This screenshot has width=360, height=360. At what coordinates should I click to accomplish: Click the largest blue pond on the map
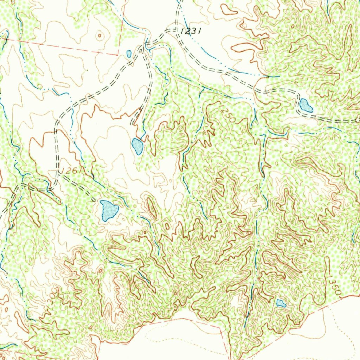coord(109,210)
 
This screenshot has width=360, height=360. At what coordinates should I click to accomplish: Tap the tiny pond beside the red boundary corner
coord(129,54)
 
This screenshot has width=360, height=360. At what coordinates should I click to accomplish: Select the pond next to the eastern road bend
coord(306,105)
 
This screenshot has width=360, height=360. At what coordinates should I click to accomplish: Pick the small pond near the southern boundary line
coord(281,303)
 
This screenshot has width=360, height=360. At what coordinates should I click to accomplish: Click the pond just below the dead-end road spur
coord(137,146)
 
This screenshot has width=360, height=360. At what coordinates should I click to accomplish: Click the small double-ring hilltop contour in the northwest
coord(100,35)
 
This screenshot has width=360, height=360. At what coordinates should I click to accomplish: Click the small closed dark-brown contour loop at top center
coord(229,10)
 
